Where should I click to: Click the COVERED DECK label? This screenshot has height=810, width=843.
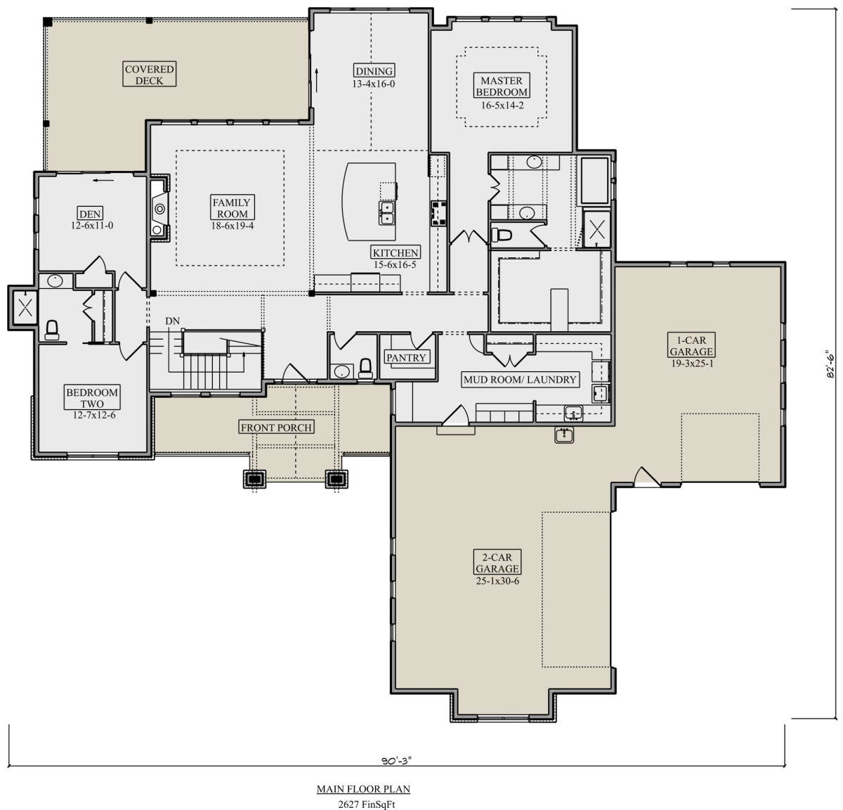(149, 74)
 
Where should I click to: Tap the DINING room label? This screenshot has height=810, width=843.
(374, 71)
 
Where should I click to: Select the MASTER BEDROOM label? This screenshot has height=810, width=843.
(502, 86)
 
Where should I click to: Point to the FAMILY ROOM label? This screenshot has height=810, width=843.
(233, 207)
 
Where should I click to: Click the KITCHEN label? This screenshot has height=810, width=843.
(395, 252)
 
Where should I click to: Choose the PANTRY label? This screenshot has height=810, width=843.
(406, 357)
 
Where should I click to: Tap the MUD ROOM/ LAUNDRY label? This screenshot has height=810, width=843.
(520, 380)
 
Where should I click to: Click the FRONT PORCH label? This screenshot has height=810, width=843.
(276, 427)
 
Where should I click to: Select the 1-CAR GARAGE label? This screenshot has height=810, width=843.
(691, 346)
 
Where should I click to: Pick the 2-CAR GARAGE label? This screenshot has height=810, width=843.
(497, 562)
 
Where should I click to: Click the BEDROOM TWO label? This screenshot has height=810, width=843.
(92, 398)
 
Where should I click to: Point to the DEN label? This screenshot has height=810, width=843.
(90, 213)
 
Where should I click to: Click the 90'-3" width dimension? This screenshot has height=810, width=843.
(396, 760)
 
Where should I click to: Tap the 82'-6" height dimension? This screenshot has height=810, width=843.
(830, 364)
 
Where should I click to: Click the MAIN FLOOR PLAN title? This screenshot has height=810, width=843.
(363, 789)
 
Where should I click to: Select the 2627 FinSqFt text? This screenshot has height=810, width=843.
(367, 804)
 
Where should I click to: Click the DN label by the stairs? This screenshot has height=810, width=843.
(172, 321)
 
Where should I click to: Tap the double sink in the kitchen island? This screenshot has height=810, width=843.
(386, 213)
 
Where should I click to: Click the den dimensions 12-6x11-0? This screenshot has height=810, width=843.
(92, 226)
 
